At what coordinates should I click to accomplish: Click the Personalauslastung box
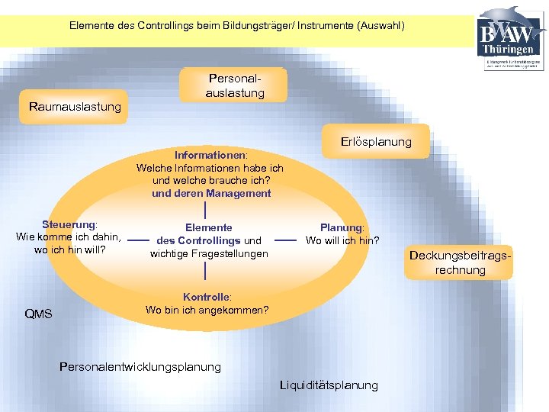[235, 85]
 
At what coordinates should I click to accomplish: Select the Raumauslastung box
[75, 107]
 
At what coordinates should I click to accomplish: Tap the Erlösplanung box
[376, 142]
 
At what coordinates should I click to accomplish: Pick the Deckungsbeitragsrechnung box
[460, 262]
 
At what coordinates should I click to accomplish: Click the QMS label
[38, 314]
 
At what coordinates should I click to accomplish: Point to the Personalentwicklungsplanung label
[140, 367]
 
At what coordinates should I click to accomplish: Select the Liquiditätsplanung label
[329, 385]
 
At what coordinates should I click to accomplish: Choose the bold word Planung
[342, 227]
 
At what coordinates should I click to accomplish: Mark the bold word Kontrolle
[207, 297]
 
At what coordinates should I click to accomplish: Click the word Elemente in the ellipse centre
[209, 227]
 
